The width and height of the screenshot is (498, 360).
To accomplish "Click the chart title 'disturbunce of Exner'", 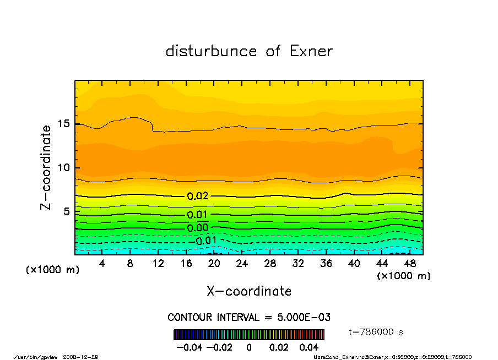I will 249,52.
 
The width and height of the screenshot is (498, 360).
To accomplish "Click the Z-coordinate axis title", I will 46,167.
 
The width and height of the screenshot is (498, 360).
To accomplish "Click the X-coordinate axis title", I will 249,291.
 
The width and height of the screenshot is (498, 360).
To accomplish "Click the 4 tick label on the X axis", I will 102,263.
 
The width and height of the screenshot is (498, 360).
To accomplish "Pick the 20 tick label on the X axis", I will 214,263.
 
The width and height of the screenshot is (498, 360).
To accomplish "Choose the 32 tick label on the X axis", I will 298,263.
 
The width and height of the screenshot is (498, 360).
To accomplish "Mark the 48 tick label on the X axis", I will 409,263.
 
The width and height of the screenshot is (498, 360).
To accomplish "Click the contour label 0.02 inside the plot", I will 198,196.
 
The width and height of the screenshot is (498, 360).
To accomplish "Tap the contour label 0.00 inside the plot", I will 198,228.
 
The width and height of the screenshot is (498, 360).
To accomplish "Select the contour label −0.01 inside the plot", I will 203,241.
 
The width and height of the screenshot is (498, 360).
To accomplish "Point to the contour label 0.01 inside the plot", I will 198,215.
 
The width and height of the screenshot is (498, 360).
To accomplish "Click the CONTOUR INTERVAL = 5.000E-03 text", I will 249,317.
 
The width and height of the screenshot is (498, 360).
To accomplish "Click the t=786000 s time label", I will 376,332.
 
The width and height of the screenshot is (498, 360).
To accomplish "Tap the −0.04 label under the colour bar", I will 188,347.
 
